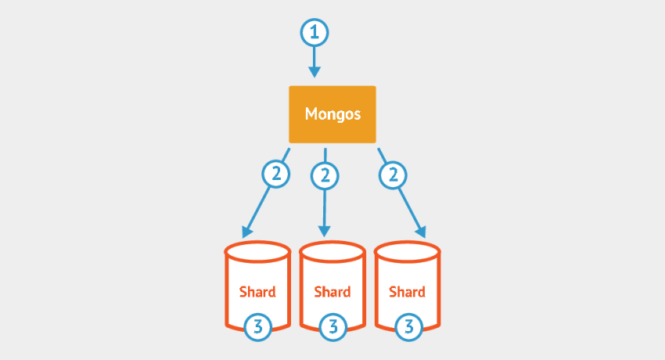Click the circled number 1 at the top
[315, 33]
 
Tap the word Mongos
[332, 113]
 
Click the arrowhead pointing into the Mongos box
[315, 72]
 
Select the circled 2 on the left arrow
[275, 174]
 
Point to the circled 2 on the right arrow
[393, 174]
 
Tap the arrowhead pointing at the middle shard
[325, 232]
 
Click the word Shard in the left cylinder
[257, 292]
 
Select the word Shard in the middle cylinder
[332, 292]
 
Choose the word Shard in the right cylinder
[407, 292]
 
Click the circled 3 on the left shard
[257, 326]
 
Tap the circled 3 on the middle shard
[332, 326]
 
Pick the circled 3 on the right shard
[407, 326]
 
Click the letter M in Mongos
[311, 113]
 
